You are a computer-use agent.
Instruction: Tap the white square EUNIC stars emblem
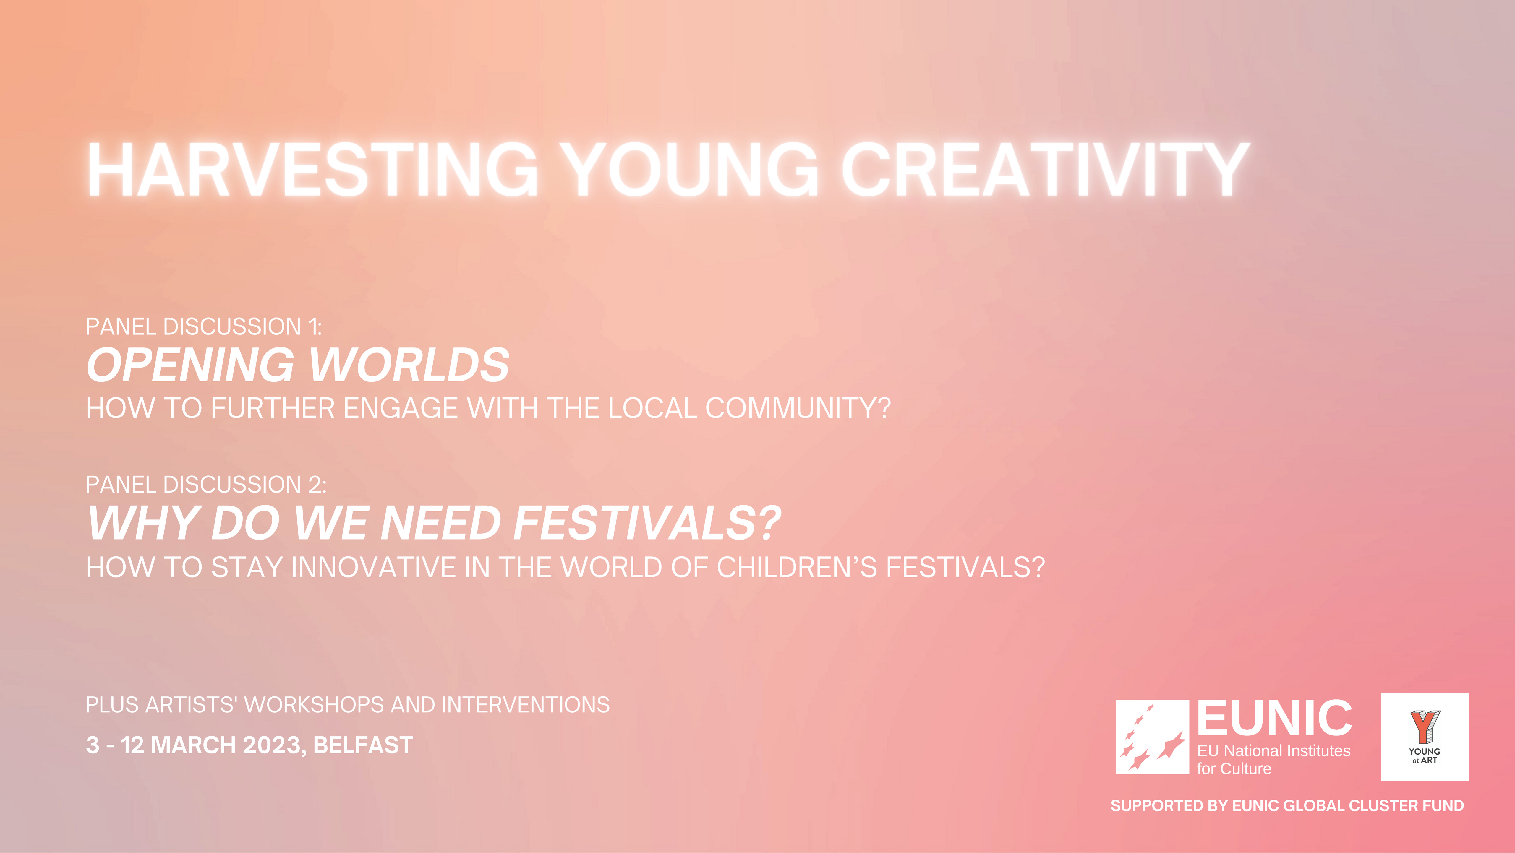tap(1152, 737)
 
